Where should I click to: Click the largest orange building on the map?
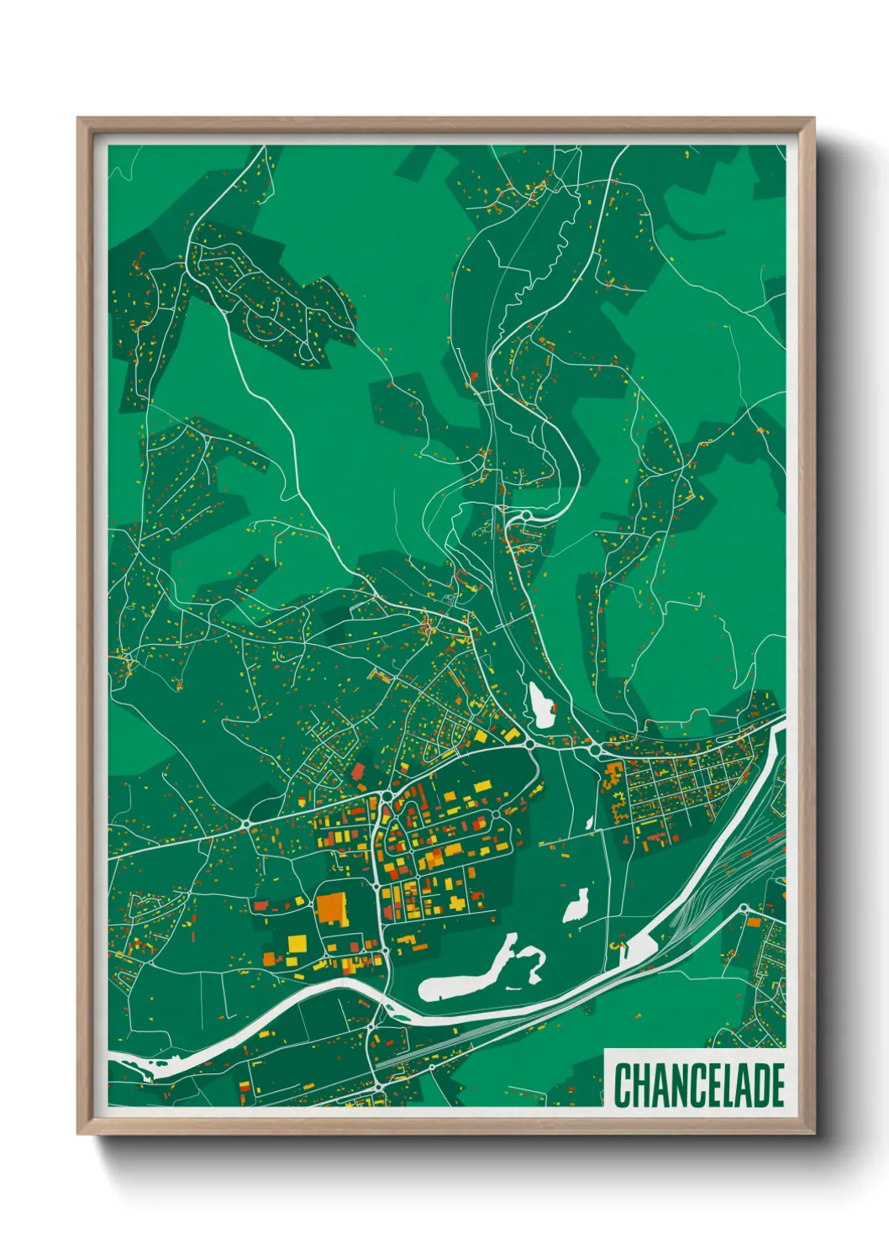[332, 909]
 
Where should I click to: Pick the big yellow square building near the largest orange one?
[297, 943]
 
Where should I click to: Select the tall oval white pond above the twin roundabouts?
[541, 705]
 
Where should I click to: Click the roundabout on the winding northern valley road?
[525, 515]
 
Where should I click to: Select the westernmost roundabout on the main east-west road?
[249, 821]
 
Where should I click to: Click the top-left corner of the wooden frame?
[78, 119]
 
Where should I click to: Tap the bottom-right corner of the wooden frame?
[813, 1134]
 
